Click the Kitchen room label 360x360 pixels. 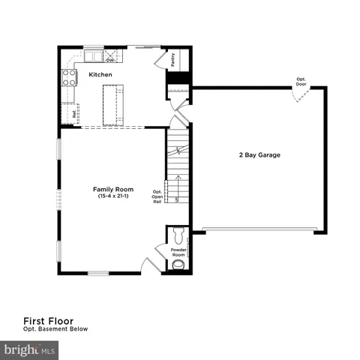[100, 75]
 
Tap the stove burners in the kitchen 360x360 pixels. [69, 76]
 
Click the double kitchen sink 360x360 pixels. [94, 55]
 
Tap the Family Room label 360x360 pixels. [112, 189]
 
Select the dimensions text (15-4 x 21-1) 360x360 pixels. [112, 196]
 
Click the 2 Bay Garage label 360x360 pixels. [259, 155]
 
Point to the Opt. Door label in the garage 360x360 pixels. [301, 82]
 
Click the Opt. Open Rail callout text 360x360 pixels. [157, 196]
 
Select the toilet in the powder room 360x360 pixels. [178, 232]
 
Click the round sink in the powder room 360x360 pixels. [178, 264]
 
